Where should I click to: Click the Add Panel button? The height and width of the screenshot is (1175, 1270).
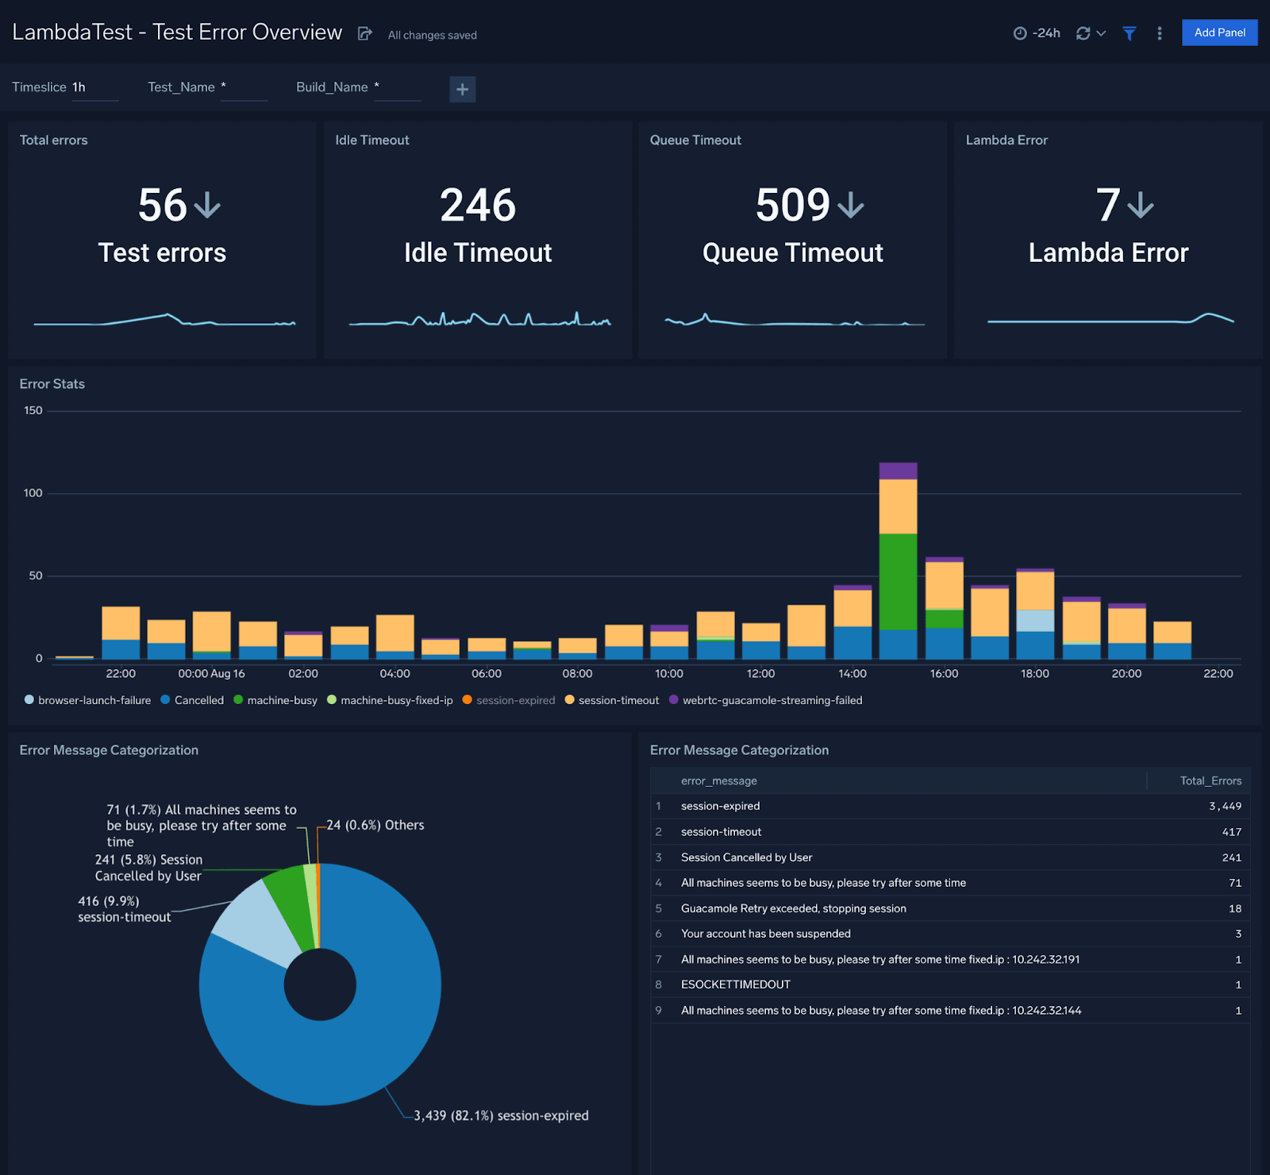point(1219,33)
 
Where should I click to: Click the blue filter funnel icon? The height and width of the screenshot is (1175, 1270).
point(1129,33)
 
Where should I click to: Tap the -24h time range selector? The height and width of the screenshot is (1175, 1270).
point(1037,33)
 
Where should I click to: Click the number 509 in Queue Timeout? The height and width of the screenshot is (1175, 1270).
point(792,205)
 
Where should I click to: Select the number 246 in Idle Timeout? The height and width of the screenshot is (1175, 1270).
point(478,205)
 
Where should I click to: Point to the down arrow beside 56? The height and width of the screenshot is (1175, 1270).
point(207,205)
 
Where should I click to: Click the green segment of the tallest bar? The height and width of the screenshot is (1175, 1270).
point(898,581)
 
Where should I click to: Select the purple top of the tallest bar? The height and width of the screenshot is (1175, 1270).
point(898,471)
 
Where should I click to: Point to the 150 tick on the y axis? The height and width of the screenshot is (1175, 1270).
point(33,410)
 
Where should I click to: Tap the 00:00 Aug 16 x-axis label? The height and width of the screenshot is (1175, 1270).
point(211,673)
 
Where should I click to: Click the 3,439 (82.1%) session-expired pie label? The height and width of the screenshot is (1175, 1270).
point(501,1115)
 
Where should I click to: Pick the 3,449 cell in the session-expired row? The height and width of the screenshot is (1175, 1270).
point(1225,806)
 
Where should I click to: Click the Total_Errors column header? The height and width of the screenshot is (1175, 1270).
point(1210,780)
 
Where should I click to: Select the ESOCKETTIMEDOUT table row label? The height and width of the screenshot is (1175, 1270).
point(735,984)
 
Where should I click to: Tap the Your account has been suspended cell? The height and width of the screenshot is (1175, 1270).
point(765,934)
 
